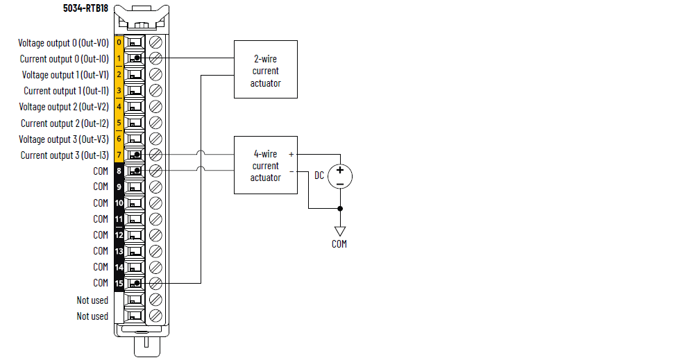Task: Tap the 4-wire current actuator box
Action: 266,165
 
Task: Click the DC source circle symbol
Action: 340,175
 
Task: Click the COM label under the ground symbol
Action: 339,244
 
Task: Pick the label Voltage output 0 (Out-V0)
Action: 63,43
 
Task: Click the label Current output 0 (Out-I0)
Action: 64,59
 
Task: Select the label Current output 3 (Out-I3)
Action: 65,155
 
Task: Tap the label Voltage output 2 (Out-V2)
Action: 64,107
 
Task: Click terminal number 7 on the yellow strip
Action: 119,155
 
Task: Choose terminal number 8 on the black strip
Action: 119,171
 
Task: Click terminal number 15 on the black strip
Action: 119,283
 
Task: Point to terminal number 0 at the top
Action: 119,43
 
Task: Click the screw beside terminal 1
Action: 156,58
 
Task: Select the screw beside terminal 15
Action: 156,283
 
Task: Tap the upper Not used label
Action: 92,300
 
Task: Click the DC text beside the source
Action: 319,175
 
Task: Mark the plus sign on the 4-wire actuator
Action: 291,154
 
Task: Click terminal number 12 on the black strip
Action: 119,235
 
